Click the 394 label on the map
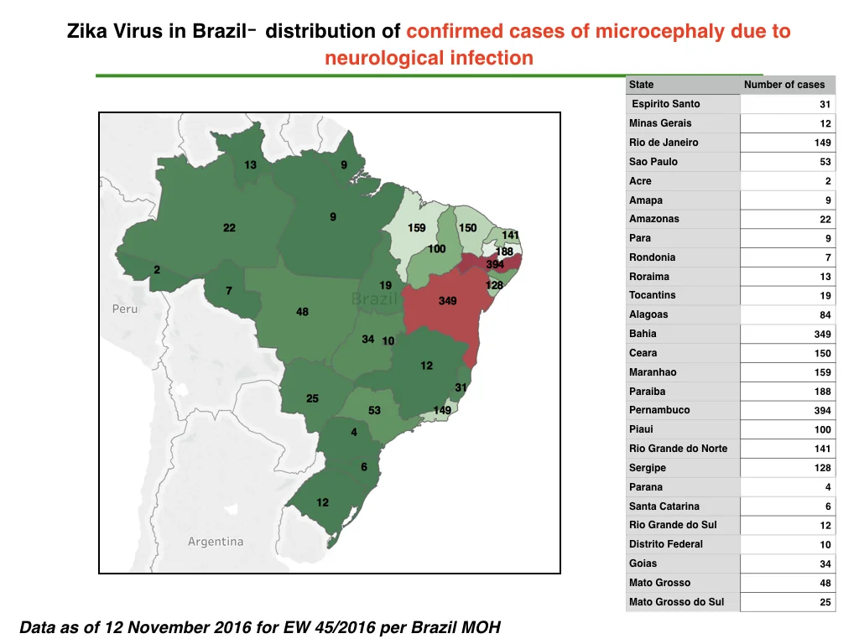[495, 264]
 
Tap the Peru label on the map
[125, 309]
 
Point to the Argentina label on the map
[216, 542]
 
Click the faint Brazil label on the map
[374, 299]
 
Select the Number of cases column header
[784, 85]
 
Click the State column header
[641, 85]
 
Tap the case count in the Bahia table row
[822, 334]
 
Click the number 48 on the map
[302, 312]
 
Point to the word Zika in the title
[87, 31]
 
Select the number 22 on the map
[229, 228]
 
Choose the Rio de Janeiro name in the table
[664, 143]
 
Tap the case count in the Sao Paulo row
[825, 162]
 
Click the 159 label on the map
[416, 228]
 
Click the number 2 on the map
[157, 269]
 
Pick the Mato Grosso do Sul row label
[676, 602]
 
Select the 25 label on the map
[312, 398]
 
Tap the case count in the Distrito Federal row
[825, 545]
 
